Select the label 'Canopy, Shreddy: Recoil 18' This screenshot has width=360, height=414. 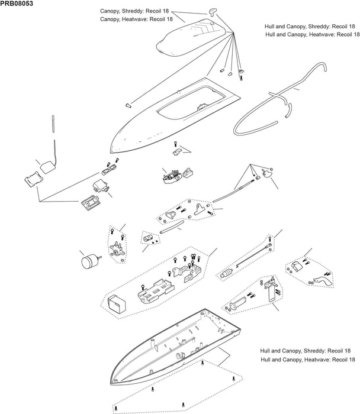[x=137, y=11]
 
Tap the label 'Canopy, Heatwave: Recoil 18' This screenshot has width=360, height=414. [x=137, y=19]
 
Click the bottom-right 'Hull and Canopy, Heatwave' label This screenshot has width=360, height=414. [x=307, y=359]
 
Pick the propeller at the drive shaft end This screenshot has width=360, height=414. [x=266, y=172]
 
